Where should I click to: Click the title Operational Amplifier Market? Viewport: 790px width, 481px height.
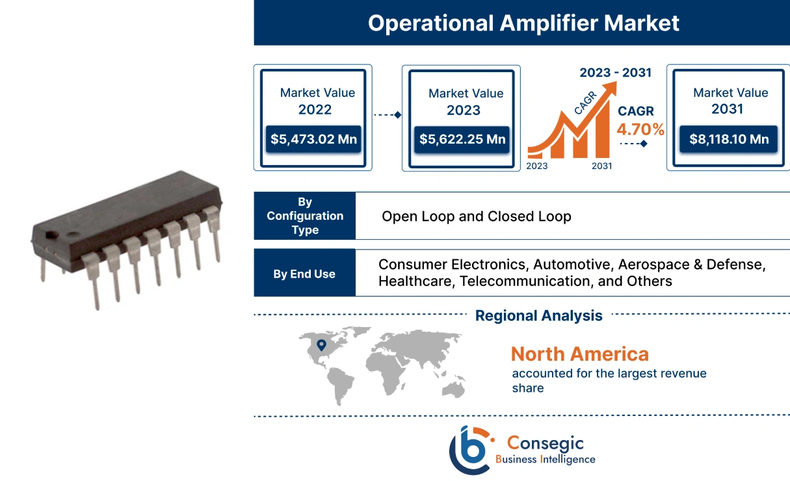pos(523,23)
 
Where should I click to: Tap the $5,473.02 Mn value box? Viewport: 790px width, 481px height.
pos(314,138)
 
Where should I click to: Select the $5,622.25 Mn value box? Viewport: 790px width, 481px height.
pos(462,139)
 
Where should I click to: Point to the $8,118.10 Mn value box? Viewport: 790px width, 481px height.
pos(728,139)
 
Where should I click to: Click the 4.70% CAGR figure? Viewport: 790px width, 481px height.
pos(641,130)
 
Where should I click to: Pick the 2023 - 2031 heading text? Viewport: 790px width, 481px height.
pos(615,72)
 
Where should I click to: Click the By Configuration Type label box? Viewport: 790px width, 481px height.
pos(305,216)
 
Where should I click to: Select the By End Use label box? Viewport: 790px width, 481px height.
pos(304,274)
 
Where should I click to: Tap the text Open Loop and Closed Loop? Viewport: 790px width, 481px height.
pos(476,216)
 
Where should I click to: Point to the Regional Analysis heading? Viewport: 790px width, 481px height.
pos(538,316)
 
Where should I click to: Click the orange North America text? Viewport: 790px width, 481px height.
pos(579,354)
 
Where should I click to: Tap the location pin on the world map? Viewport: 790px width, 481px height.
pos(321,345)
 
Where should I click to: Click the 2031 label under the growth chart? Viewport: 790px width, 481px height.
pos(601,166)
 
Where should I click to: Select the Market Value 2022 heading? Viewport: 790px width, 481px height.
pos(317,101)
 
